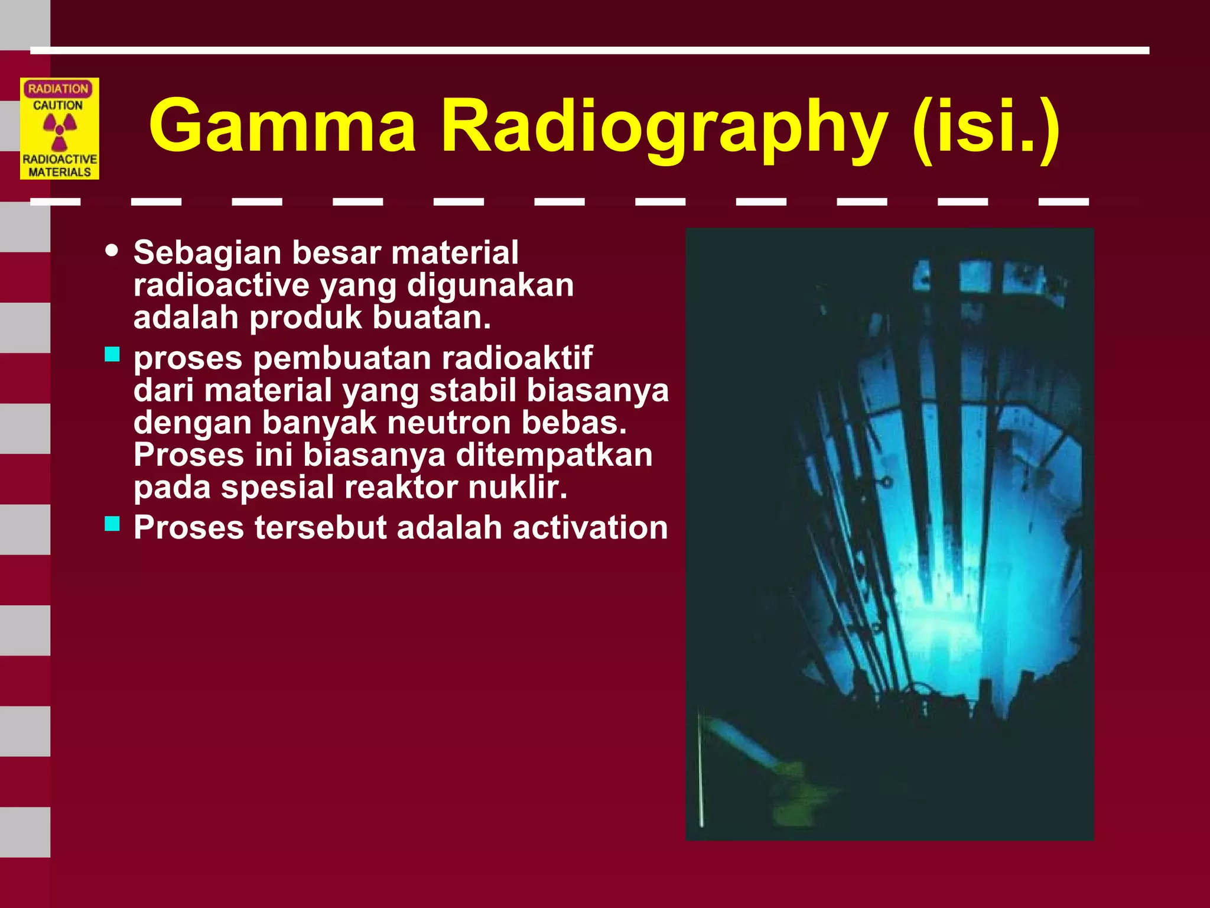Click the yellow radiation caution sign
coord(60,129)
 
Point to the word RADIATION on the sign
coord(58,89)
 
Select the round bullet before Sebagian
coord(111,250)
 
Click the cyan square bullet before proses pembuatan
coord(112,354)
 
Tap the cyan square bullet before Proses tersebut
coord(112,524)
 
